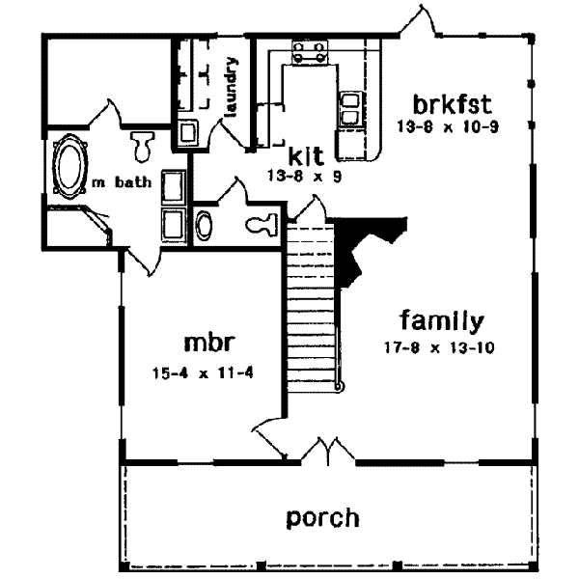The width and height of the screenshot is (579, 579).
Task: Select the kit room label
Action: (306, 155)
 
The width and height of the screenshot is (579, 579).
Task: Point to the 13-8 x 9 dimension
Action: (306, 176)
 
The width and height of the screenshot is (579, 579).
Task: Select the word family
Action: (442, 320)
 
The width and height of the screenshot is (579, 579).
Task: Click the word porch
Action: (322, 517)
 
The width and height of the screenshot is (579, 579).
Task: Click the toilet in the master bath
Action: (143, 145)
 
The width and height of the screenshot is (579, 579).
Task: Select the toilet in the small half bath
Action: (261, 225)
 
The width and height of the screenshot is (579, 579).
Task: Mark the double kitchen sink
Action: (349, 107)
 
